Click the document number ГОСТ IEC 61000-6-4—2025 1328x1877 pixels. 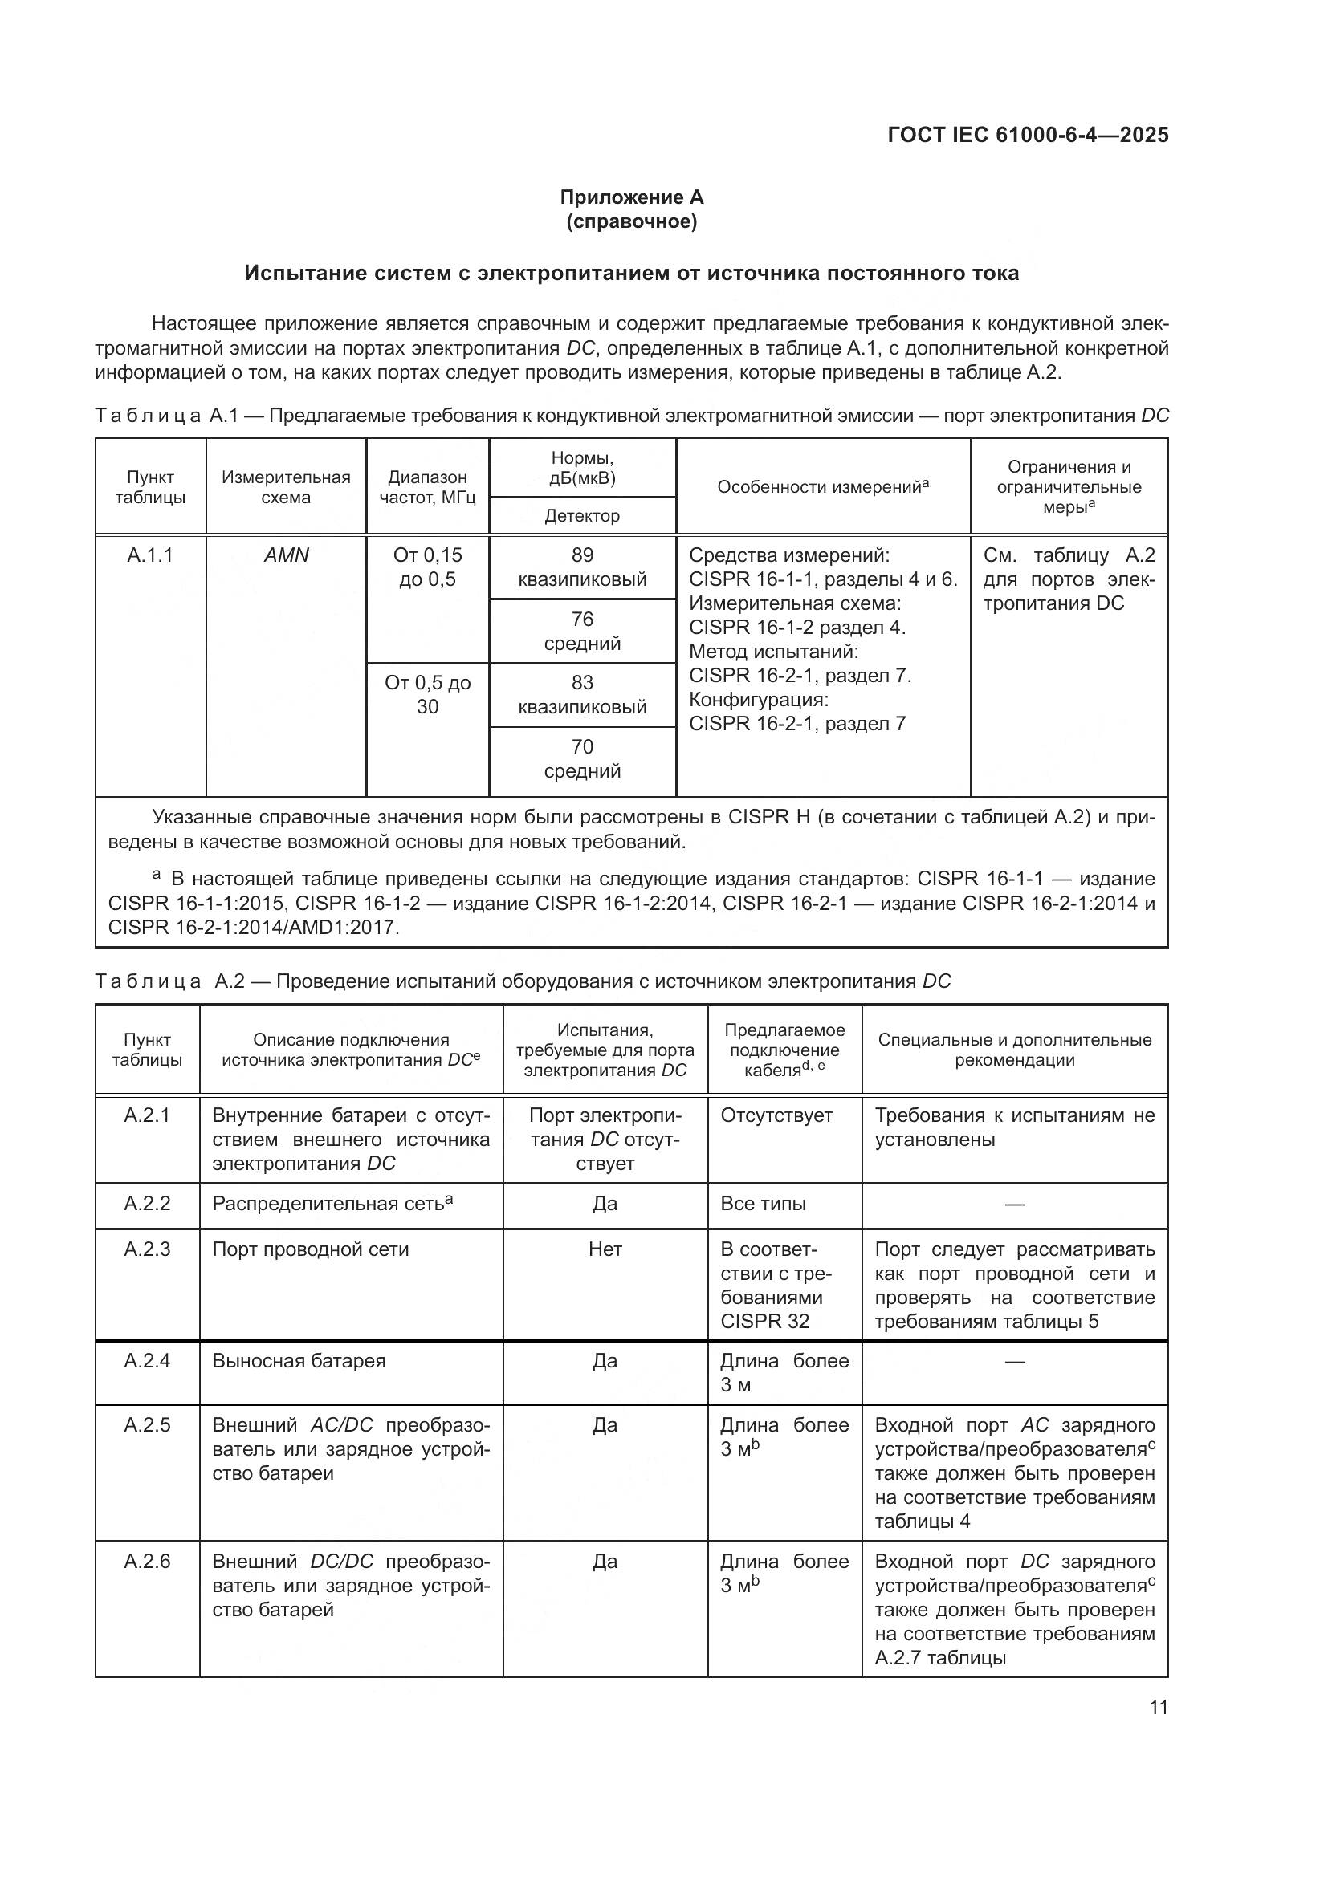(1027, 135)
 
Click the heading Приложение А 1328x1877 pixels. (631, 197)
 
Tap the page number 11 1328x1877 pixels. (1158, 1708)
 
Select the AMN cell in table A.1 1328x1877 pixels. (286, 555)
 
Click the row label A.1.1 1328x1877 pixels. (150, 555)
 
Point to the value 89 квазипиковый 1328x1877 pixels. (582, 567)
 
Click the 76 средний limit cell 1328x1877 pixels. (582, 631)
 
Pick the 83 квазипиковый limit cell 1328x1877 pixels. (582, 695)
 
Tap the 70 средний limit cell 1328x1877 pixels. (582, 758)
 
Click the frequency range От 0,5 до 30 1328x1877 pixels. (428, 695)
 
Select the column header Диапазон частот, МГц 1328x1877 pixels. (428, 487)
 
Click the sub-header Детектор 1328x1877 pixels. (582, 516)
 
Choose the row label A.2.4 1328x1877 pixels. (147, 1360)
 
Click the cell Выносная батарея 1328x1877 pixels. (299, 1360)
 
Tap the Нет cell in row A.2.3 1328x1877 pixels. (605, 1249)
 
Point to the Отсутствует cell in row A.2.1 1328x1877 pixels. (776, 1115)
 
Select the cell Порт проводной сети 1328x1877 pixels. (311, 1249)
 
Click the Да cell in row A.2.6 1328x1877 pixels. (605, 1562)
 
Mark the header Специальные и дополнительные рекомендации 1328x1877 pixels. (1015, 1050)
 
